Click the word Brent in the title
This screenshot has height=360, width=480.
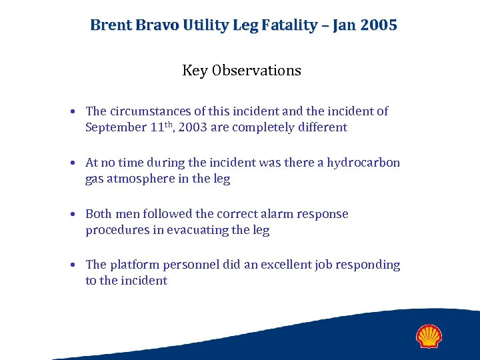(110, 25)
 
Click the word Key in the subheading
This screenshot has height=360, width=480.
(195, 71)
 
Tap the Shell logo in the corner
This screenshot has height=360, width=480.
(429, 336)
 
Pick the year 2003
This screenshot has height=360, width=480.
(193, 127)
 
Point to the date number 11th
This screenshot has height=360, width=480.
(161, 127)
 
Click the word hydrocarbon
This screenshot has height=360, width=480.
(363, 163)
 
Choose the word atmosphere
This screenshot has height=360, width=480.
(145, 179)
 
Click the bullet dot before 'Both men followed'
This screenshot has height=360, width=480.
(77, 215)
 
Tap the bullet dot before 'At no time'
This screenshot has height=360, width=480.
(77, 163)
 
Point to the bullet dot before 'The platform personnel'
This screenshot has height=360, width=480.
(77, 265)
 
